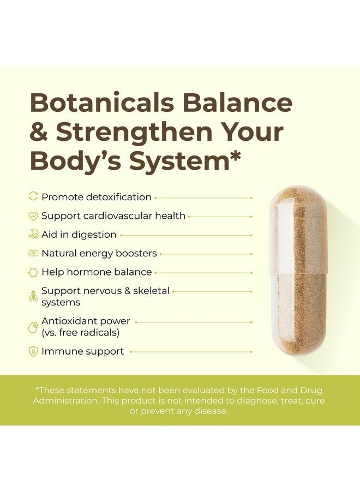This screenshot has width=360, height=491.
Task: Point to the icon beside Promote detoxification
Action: point(33,197)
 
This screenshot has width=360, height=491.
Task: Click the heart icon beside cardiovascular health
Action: point(33,216)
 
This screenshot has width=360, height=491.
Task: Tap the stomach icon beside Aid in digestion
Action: point(33,235)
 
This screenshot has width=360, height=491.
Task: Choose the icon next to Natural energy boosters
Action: point(33,253)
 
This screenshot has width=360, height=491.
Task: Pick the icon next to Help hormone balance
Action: point(33,272)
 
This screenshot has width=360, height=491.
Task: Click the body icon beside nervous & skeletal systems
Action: point(33,296)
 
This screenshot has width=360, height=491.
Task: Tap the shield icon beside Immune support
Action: point(33,351)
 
